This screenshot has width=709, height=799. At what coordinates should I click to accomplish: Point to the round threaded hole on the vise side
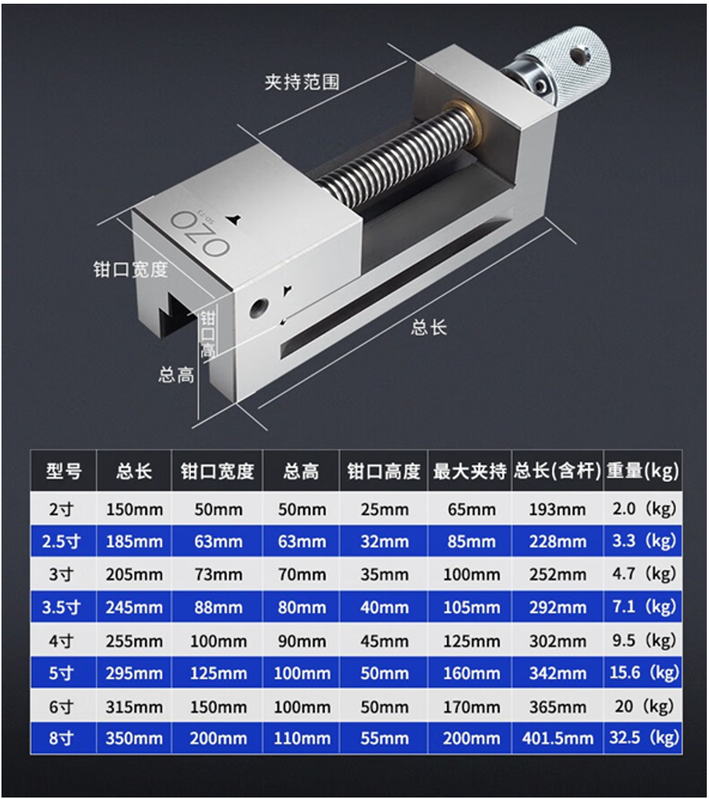tap(258, 309)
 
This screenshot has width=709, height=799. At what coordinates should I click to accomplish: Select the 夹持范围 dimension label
tap(302, 81)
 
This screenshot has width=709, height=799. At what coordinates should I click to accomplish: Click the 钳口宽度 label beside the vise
tap(130, 269)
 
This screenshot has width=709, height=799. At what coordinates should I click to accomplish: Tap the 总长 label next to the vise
tap(429, 327)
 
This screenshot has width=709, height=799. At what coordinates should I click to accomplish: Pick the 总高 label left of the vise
tap(176, 375)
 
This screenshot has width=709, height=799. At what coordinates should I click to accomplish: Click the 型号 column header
tap(64, 471)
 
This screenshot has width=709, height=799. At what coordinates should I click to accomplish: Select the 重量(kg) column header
tap(642, 471)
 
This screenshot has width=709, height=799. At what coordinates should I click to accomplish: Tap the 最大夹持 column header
tap(469, 471)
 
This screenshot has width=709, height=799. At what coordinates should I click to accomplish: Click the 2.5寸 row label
tap(61, 541)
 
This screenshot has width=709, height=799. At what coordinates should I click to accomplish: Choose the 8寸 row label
tap(61, 738)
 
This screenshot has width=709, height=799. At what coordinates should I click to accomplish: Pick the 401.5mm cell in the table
tap(557, 738)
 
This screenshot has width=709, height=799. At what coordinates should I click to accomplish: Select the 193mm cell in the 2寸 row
tap(557, 509)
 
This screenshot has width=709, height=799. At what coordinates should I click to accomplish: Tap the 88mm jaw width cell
tap(218, 607)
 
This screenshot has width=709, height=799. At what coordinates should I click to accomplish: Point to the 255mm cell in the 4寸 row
tap(135, 641)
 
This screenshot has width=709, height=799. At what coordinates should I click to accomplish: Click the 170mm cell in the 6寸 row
tap(471, 707)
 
